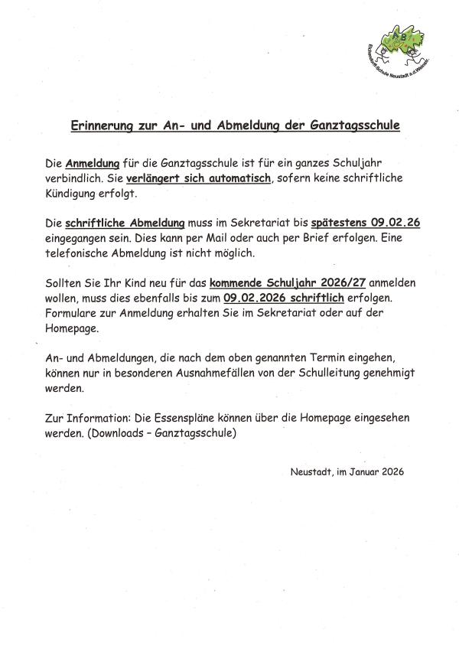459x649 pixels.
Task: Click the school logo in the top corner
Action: [x=397, y=47]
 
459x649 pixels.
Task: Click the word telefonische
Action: [x=78, y=253]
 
